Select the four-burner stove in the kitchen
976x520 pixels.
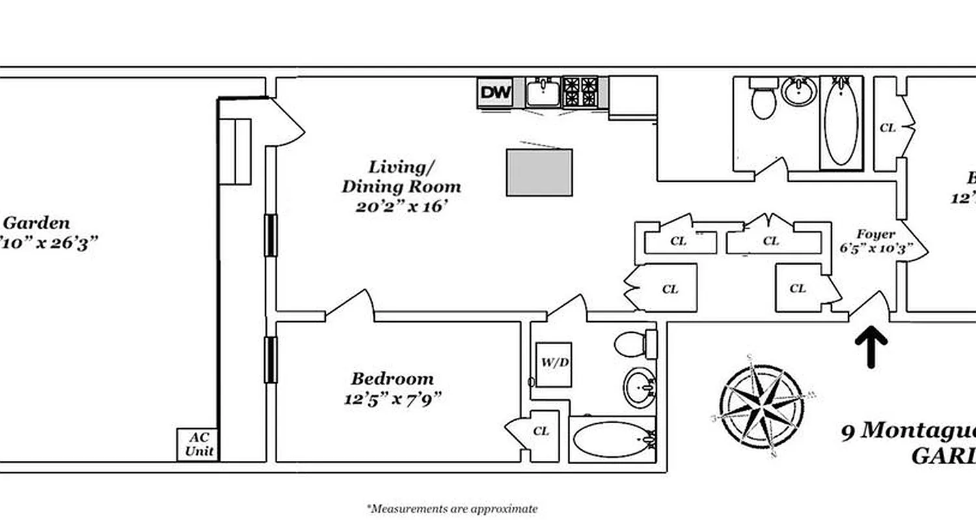coord(580,92)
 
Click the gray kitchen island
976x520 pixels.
coord(539,172)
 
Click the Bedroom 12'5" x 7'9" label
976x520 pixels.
coord(392,388)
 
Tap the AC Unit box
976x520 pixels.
coord(198,445)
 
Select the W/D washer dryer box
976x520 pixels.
coord(553,364)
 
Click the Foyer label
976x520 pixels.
coord(875,240)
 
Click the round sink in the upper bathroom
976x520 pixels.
coord(800,92)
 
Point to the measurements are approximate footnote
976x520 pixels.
coord(452,508)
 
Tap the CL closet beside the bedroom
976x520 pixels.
coord(541,432)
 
